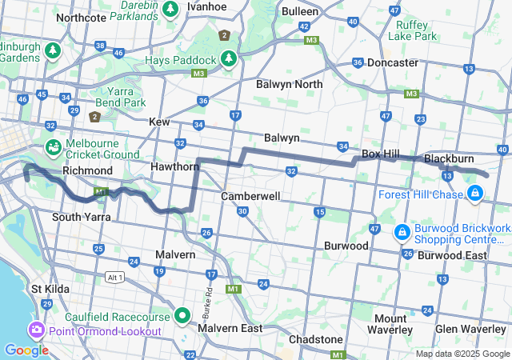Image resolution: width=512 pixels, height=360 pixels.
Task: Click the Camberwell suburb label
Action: coord(250,196)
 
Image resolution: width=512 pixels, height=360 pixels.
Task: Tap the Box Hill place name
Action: coord(381,153)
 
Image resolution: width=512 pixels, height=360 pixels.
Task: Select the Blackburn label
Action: coord(450,158)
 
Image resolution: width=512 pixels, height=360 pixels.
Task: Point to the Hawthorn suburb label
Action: coord(174,166)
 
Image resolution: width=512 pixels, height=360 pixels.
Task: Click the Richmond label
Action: coord(87,170)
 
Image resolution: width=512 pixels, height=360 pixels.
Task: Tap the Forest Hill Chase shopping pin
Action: coord(475,193)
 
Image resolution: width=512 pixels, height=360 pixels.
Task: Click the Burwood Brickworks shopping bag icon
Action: coord(402,233)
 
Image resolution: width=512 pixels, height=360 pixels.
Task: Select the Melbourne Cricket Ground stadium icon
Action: coord(53,147)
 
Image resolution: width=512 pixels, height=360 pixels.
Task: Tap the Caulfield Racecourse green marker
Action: coord(182,316)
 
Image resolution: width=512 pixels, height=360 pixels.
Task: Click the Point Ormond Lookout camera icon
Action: coord(37,330)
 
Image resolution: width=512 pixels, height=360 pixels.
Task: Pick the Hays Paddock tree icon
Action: coord(229,59)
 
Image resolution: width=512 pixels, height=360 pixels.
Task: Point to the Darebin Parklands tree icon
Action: coord(170,9)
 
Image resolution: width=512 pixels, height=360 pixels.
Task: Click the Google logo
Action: coord(26,350)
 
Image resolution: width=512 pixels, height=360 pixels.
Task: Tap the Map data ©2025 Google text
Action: coord(462,354)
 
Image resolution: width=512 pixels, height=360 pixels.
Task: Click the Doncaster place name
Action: coord(393,62)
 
